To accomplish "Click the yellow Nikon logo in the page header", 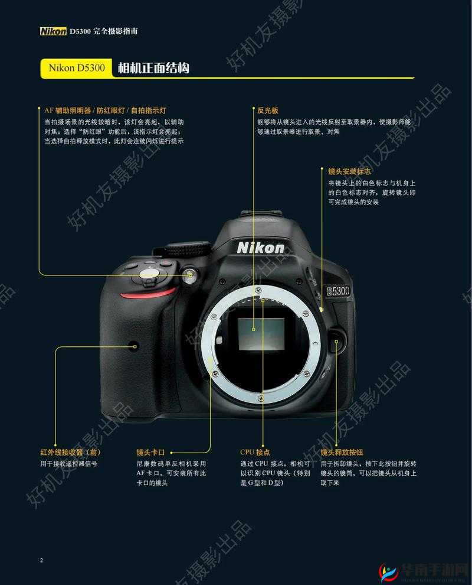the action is pyautogui.click(x=53, y=31).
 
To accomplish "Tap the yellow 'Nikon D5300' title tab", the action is pyautogui.click(x=76, y=68).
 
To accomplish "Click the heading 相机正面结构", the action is pyautogui.click(x=153, y=68).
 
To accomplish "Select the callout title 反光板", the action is pyautogui.click(x=267, y=110).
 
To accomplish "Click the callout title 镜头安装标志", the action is pyautogui.click(x=349, y=171).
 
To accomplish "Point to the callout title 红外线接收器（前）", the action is pyautogui.click(x=70, y=452).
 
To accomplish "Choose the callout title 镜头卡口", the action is pyautogui.click(x=150, y=452).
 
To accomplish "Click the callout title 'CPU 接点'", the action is pyautogui.click(x=255, y=452).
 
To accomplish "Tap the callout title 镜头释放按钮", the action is pyautogui.click(x=342, y=452).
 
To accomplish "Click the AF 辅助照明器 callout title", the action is pyautogui.click(x=106, y=110).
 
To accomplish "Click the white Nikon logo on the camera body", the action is pyautogui.click(x=260, y=248).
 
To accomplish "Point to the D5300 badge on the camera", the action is pyautogui.click(x=338, y=291).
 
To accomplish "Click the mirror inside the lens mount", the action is pyautogui.click(x=261, y=334).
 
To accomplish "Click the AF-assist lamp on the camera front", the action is pyautogui.click(x=190, y=275).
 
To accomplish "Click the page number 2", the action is pyautogui.click(x=41, y=560).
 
